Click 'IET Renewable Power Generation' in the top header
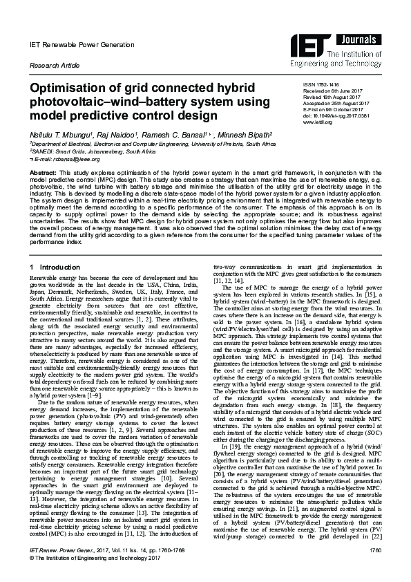(x=73, y=44)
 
